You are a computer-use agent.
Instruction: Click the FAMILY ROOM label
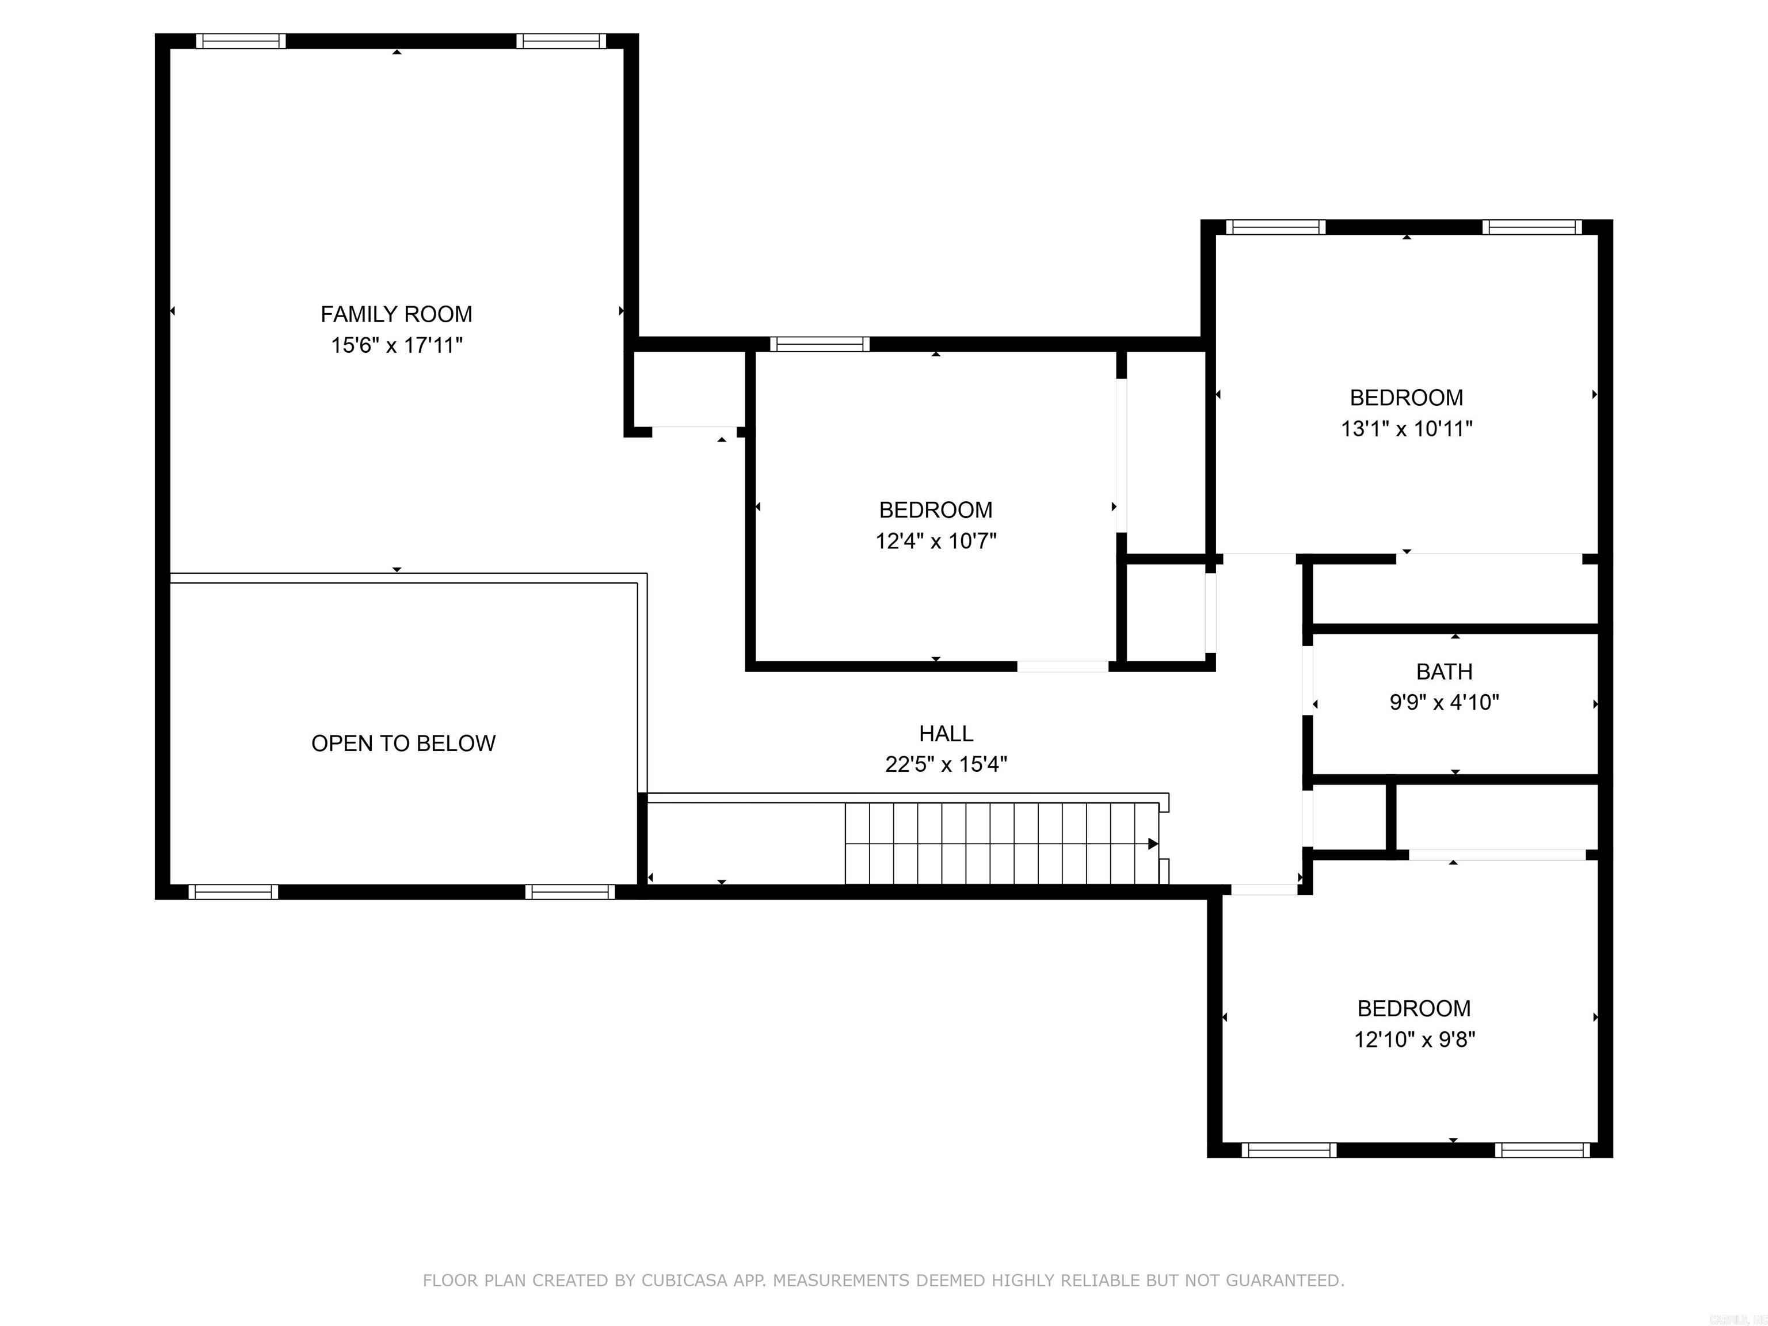point(397,314)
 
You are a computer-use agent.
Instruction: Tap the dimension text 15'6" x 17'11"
point(397,345)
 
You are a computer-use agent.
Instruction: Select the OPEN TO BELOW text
point(403,744)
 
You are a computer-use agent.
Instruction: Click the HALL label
point(946,734)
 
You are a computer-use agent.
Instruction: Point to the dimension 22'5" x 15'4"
point(946,765)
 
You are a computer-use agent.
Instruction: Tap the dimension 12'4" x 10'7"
point(935,541)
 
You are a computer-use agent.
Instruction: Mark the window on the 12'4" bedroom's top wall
point(820,345)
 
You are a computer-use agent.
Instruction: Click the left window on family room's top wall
point(241,41)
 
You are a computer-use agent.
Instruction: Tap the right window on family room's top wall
point(561,41)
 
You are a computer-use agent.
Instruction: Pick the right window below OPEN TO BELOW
point(570,892)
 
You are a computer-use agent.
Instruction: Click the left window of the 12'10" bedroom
point(1289,1150)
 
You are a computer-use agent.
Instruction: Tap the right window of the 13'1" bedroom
point(1531,227)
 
